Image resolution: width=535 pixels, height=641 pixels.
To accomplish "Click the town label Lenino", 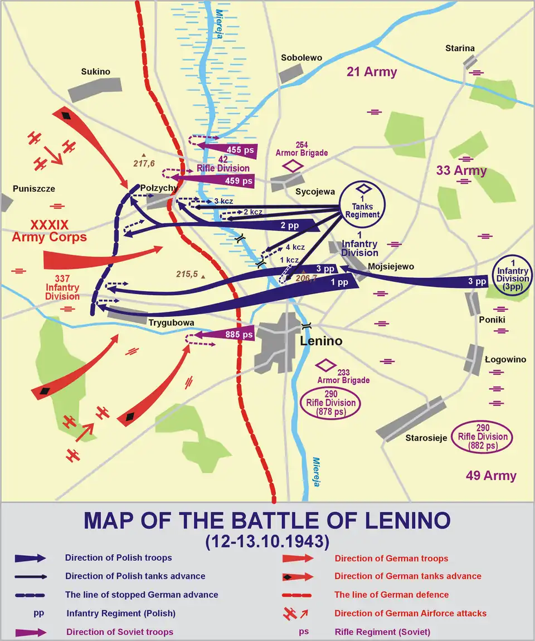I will click(320, 341).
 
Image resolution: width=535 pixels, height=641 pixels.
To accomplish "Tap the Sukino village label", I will click(96, 72).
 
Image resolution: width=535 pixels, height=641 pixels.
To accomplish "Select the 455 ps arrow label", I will click(240, 150).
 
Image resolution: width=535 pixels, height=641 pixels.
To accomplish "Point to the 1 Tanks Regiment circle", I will click(362, 204).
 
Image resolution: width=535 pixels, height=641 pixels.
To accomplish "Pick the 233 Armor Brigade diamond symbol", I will click(324, 365).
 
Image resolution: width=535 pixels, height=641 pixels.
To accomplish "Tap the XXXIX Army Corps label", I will click(50, 231).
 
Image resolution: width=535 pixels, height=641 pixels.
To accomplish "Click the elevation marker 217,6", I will click(144, 163).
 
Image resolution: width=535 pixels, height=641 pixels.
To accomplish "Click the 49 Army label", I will click(491, 476).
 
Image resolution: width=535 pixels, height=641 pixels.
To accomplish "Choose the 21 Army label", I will click(372, 72).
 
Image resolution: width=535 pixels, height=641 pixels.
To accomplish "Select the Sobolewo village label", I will click(301, 58).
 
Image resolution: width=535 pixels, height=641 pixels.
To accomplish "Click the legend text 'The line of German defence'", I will click(391, 595).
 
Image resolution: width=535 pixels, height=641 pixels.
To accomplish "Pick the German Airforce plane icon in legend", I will click(293, 613).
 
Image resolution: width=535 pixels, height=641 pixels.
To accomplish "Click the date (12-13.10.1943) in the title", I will click(267, 541).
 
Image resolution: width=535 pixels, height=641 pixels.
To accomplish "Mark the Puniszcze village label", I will click(35, 189).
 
